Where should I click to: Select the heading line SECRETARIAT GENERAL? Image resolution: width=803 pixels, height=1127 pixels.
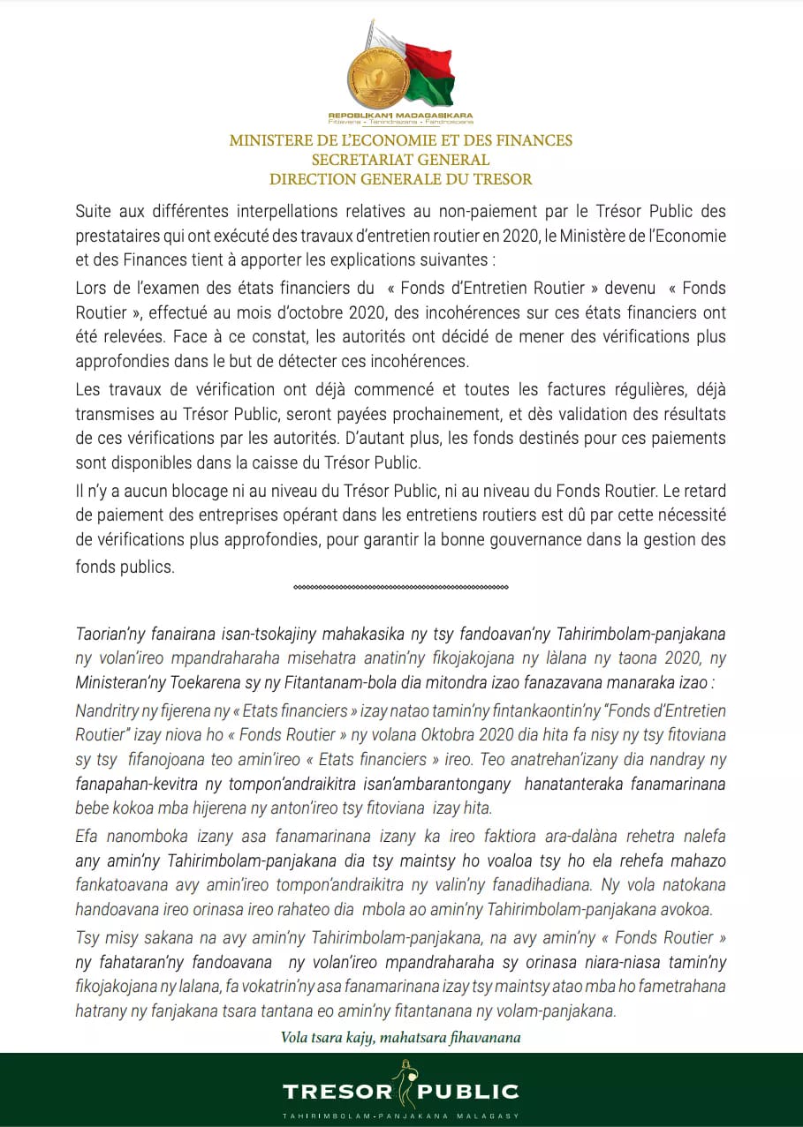tap(400, 160)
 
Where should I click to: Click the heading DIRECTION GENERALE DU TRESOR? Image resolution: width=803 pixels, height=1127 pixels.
tap(400, 179)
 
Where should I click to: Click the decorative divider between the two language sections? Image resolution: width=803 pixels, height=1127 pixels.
tap(400, 587)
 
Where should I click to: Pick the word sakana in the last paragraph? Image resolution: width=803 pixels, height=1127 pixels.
tap(163, 937)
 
